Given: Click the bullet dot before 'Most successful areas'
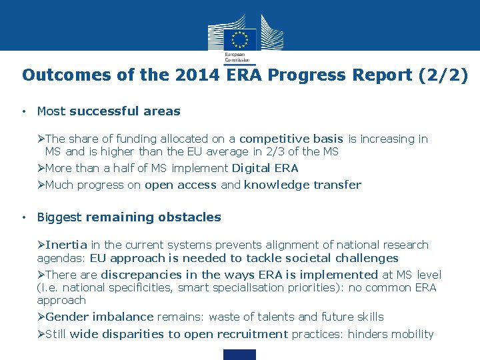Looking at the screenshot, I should click(x=23, y=111).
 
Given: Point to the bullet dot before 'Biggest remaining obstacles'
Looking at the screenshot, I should click(x=23, y=217).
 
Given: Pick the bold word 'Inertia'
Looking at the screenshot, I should click(x=67, y=245).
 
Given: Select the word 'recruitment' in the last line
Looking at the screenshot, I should click(x=248, y=334).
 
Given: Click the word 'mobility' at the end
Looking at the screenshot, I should click(x=411, y=334).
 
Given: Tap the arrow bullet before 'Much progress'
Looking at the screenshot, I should click(x=41, y=185).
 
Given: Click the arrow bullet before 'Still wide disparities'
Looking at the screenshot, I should click(x=41, y=334).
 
